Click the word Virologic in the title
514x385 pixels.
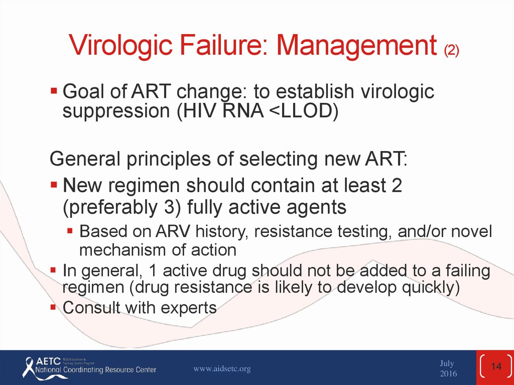click(x=121, y=46)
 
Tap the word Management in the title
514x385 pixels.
click(x=357, y=46)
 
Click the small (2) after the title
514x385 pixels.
click(x=451, y=50)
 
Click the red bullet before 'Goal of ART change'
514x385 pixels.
click(x=54, y=90)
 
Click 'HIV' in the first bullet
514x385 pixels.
click(x=196, y=111)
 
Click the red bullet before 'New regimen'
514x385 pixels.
click(x=54, y=184)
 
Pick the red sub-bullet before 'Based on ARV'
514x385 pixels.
click(x=70, y=230)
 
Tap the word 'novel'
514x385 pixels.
click(x=472, y=231)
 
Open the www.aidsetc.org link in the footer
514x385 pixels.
click(x=222, y=368)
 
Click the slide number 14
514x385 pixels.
click(x=496, y=366)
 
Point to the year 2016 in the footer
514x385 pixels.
click(x=448, y=373)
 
